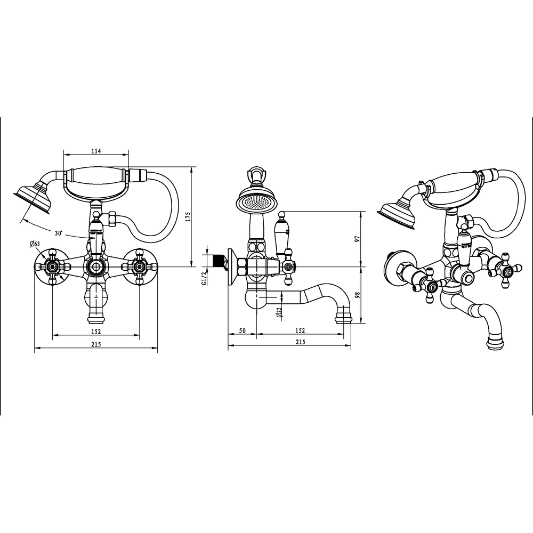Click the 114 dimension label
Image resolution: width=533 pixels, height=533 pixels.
(x=96, y=151)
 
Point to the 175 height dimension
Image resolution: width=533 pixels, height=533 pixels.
(x=189, y=216)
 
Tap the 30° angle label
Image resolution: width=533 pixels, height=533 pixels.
(x=59, y=233)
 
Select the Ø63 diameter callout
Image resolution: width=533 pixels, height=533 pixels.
(x=35, y=244)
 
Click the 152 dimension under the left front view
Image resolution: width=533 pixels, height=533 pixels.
(x=96, y=332)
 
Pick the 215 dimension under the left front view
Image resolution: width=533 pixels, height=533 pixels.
(x=96, y=344)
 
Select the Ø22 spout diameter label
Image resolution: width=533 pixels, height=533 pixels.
(x=279, y=312)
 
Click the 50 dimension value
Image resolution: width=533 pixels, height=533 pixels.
(x=242, y=330)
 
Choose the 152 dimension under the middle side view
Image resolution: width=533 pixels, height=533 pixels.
(x=300, y=330)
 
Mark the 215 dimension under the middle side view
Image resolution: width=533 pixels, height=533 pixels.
(x=301, y=342)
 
